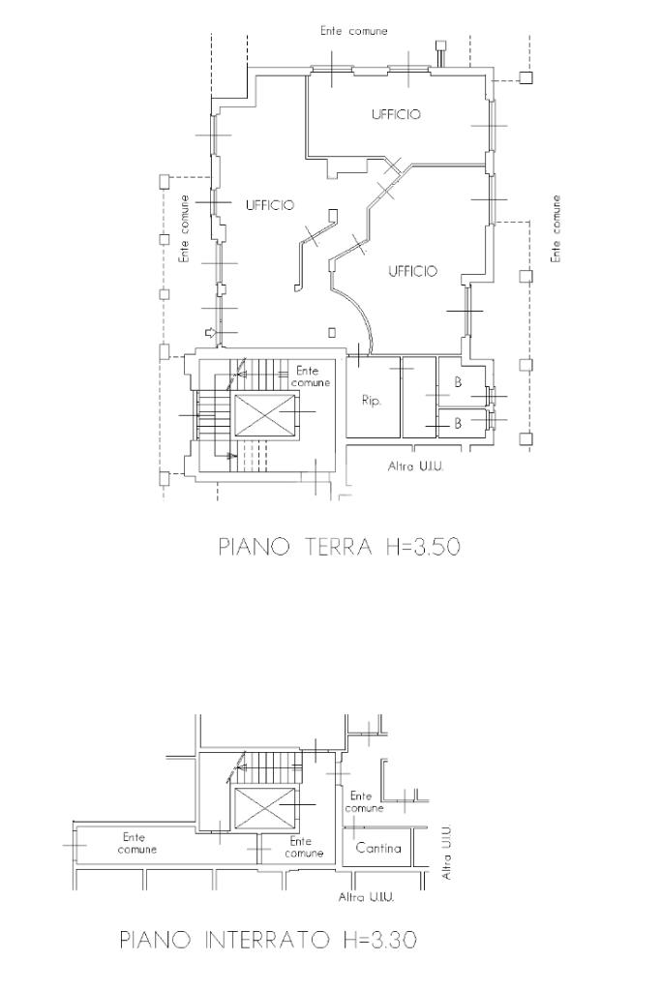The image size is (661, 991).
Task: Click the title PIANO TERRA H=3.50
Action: (x=339, y=547)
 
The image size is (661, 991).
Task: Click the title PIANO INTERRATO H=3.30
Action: (x=268, y=940)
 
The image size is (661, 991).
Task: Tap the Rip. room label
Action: (x=372, y=401)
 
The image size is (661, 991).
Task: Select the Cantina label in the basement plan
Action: (x=378, y=848)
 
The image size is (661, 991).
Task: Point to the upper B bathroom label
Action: (x=458, y=382)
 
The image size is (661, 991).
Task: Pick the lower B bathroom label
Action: (x=458, y=424)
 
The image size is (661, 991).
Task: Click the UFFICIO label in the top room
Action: (x=396, y=114)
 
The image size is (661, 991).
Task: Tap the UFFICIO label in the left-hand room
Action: (x=270, y=205)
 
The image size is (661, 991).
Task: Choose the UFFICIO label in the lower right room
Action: (x=412, y=271)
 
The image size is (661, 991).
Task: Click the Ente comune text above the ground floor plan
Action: (x=354, y=30)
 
